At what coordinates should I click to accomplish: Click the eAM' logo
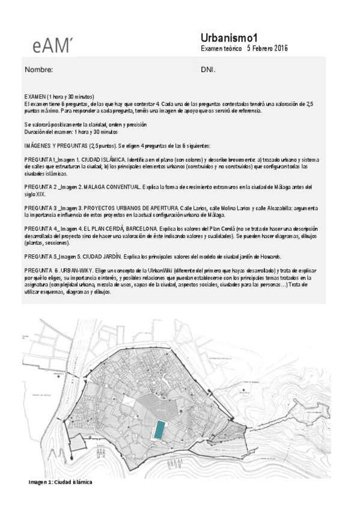point(53,43)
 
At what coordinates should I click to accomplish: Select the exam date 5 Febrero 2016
point(267,48)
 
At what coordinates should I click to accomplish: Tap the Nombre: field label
point(38,70)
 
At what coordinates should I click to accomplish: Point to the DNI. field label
point(208,70)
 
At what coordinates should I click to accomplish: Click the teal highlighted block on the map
point(159,429)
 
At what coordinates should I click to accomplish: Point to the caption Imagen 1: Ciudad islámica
point(61,482)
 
